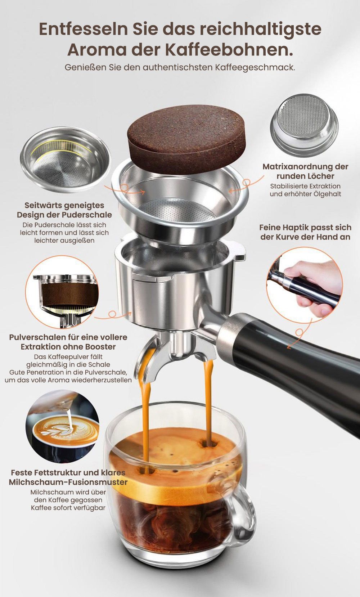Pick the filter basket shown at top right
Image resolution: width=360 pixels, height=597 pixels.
304,126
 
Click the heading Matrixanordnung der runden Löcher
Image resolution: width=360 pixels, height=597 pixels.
305,171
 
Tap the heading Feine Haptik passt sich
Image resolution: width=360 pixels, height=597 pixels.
305,228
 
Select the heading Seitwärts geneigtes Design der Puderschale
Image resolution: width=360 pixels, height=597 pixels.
64,210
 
